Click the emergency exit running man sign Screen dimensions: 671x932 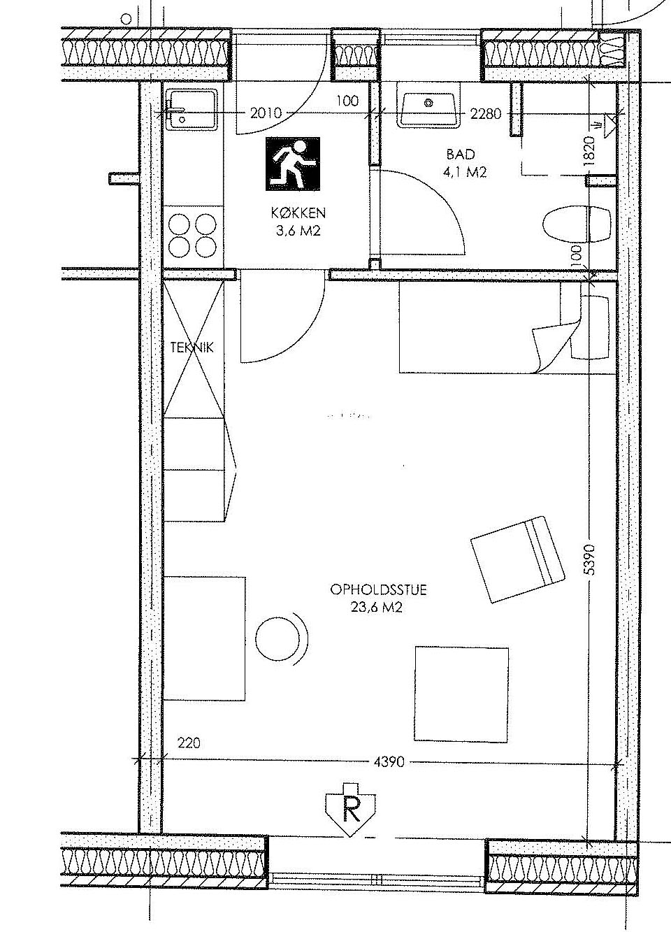293,164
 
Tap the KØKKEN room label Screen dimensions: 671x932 298,213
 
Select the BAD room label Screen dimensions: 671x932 461,155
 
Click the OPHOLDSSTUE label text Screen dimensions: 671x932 378,590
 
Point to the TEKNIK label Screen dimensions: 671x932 192,347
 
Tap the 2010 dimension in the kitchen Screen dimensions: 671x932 266,113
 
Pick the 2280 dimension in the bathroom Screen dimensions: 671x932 486,113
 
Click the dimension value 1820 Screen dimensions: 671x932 589,151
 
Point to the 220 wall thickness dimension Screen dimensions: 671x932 189,743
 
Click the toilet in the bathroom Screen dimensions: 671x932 577,226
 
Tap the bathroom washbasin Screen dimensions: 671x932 428,104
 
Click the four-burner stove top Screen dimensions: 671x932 193,236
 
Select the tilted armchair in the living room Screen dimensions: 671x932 517,559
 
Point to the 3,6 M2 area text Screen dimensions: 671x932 298,231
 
